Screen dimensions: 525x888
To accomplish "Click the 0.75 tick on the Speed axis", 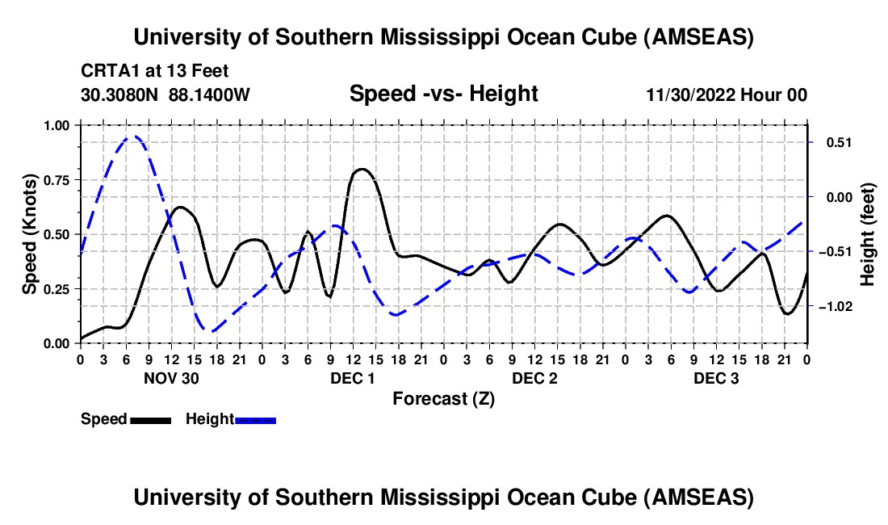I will pyautogui.click(x=57, y=180).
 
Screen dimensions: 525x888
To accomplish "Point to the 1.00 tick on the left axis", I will pyautogui.click(x=57, y=125).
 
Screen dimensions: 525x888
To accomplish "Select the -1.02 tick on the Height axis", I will pyautogui.click(x=833, y=307).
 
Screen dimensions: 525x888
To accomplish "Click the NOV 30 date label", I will pyautogui.click(x=171, y=378).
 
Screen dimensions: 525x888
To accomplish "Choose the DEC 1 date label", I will pyautogui.click(x=353, y=378).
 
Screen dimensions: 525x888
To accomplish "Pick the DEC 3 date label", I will pyautogui.click(x=716, y=378).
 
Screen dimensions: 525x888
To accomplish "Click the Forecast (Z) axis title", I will pyautogui.click(x=443, y=398).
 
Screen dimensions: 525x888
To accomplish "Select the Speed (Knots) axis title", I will pyautogui.click(x=30, y=234).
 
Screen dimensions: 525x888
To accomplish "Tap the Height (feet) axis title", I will pyautogui.click(x=867, y=234).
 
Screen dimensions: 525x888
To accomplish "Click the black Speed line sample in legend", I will pyautogui.click(x=150, y=419).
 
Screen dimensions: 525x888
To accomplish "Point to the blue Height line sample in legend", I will pyautogui.click(x=255, y=419).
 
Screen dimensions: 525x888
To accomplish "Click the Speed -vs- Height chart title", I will pyautogui.click(x=443, y=94).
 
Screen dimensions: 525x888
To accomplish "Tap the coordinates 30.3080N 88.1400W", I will pyautogui.click(x=165, y=94).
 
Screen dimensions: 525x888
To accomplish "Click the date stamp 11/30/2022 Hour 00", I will pyautogui.click(x=727, y=94).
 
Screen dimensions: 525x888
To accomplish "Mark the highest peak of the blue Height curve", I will pyautogui.click(x=134, y=136).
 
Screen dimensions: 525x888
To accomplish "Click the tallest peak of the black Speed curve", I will pyautogui.click(x=362, y=169).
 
